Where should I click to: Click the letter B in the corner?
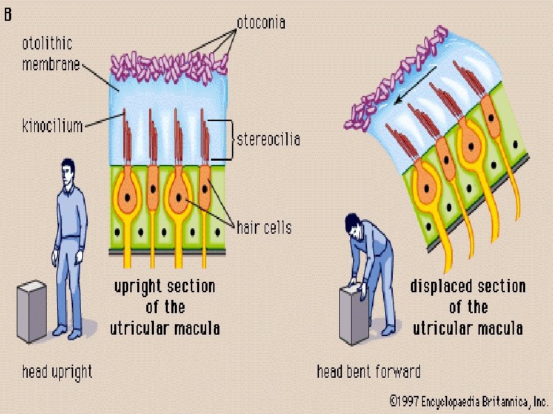tap(8, 13)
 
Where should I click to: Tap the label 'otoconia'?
tap(260, 23)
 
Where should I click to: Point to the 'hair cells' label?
tap(263, 227)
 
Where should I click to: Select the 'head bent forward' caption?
tap(368, 372)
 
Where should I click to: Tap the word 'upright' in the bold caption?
tap(139, 287)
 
